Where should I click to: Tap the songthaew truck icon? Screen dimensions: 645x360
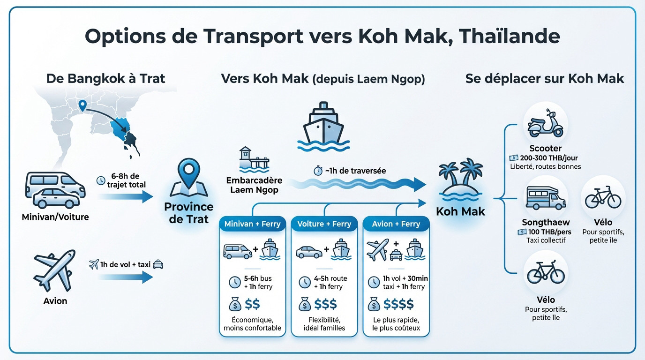tap(545, 197)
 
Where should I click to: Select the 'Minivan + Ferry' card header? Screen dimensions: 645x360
tap(252, 224)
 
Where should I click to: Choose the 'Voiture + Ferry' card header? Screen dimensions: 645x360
tap(324, 224)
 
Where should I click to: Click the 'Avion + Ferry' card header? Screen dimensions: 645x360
tap(396, 224)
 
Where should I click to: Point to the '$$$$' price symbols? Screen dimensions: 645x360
tap(398, 305)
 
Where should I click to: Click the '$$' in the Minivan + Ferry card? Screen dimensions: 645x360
tap(252, 305)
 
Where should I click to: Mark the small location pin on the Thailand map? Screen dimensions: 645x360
tap(83, 106)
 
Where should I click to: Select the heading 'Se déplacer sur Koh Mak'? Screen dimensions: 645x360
tap(545, 78)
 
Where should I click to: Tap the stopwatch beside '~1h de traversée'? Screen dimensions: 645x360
tap(317, 171)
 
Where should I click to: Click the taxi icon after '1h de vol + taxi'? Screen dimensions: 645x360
tap(158, 264)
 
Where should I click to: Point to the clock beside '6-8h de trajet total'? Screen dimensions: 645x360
tap(100, 180)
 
